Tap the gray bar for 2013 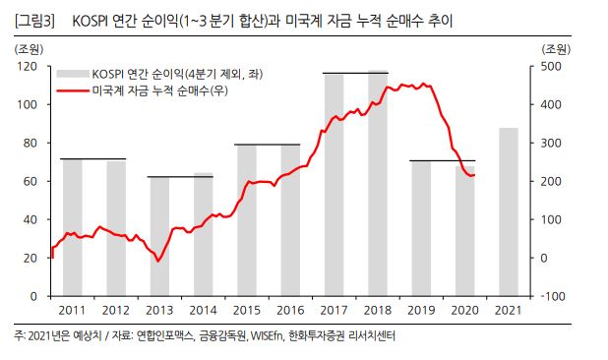tap(158, 236)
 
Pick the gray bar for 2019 tap(421, 227)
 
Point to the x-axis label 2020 tap(464, 311)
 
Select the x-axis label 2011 tap(72, 311)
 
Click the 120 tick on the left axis tap(30, 66)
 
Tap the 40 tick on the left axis tap(32, 219)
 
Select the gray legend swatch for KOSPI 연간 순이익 tap(73, 73)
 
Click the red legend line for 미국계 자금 tap(73, 89)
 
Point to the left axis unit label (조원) tap(29, 48)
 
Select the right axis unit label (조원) tap(555, 48)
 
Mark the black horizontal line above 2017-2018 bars tap(355, 73)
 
